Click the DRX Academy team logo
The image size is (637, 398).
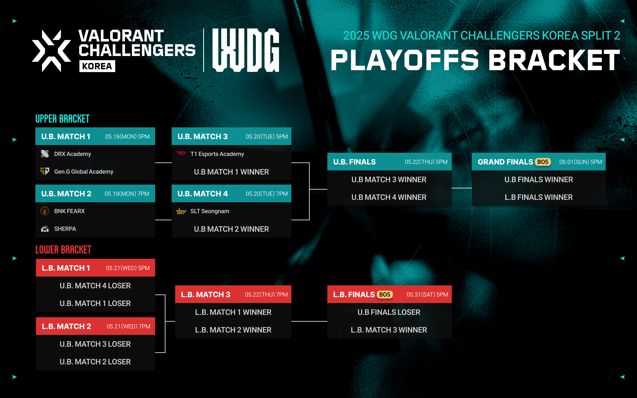coord(45,154)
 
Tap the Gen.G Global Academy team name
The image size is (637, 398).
coord(84,172)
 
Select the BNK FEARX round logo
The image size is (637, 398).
coord(45,211)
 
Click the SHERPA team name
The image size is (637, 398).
coord(65,229)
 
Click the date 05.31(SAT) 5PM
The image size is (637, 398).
coord(427,295)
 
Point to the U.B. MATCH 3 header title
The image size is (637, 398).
coord(202,136)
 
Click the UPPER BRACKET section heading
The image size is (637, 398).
coord(62,119)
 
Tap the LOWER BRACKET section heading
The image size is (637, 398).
coord(63,250)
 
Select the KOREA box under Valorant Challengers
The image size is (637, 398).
coord(97,66)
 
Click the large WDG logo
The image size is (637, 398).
coord(246,50)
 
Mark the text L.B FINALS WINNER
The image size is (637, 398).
coord(539,197)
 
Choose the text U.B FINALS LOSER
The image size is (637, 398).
coord(389,312)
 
